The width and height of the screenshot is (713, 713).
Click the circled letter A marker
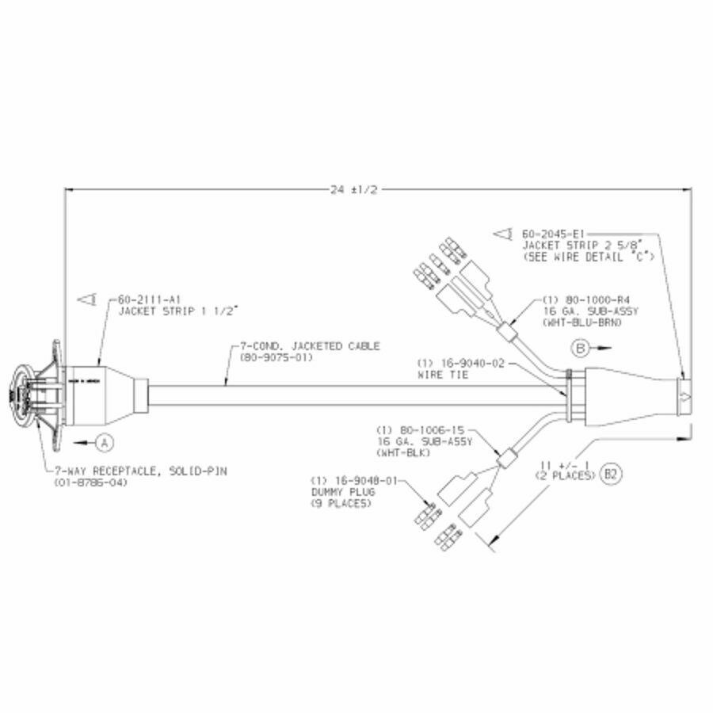(106, 438)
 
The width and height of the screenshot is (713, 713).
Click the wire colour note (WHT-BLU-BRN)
(582, 324)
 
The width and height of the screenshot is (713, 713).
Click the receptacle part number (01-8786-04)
(93, 482)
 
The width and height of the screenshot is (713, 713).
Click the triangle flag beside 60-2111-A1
(88, 299)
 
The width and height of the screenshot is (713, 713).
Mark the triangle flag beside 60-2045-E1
(502, 234)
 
